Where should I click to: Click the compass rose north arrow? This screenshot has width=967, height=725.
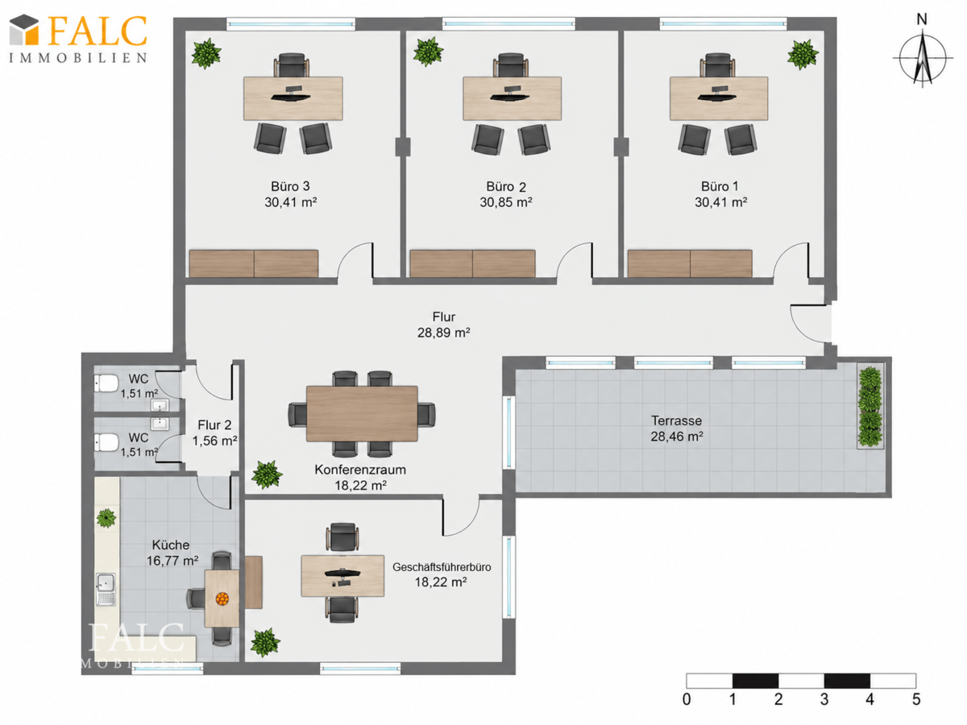click(922, 56)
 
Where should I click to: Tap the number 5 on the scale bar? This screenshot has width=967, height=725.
click(916, 699)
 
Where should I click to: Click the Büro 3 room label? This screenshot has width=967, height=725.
click(290, 186)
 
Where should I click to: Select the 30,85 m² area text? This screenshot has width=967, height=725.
click(506, 202)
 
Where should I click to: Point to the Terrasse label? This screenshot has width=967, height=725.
click(676, 420)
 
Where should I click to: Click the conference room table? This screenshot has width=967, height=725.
click(362, 414)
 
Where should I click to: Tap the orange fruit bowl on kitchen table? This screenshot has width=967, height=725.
click(222, 599)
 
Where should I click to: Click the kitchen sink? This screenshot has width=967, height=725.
click(106, 590)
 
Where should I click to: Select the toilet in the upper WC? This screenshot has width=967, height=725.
click(106, 383)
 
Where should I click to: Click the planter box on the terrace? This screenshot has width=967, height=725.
click(869, 406)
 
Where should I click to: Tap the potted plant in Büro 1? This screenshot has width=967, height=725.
click(803, 55)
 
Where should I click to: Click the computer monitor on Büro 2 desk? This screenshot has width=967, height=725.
click(512, 93)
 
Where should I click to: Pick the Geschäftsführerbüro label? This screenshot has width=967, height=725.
click(442, 567)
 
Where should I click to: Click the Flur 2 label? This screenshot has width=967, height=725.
click(214, 425)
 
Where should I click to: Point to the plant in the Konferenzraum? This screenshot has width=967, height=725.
click(267, 474)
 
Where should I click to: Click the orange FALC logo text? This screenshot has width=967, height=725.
click(97, 31)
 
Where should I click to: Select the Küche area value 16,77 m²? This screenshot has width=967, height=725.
click(172, 561)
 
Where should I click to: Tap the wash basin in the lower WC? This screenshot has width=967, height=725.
click(160, 424)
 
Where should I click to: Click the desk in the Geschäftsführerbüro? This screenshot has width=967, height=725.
click(342, 576)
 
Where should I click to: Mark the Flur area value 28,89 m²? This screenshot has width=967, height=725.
click(444, 333)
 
